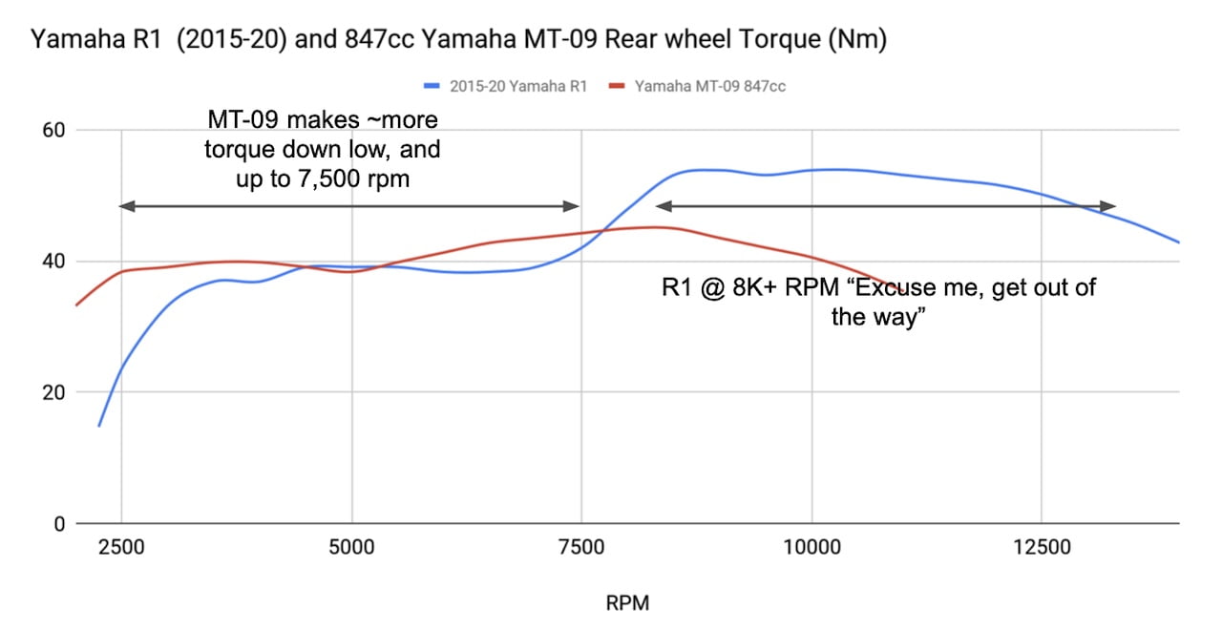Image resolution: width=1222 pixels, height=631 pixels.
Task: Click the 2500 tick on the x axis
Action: [x=121, y=547]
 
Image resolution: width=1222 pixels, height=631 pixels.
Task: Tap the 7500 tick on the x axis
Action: [x=581, y=547]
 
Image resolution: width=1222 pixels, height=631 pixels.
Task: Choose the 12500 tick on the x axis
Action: [x=1042, y=547]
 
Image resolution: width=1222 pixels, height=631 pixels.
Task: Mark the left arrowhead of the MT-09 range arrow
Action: [x=124, y=206]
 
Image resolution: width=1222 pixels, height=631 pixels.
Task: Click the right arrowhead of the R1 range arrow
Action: [x=1110, y=206]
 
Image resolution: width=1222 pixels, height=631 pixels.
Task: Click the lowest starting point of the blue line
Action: [x=99, y=426]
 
